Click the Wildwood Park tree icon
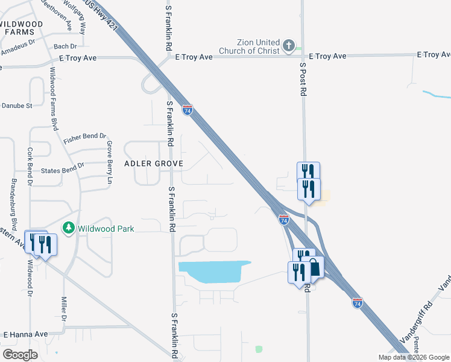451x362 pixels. pos(68,228)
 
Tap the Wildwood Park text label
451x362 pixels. pos(105,229)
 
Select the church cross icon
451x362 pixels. pos(289,46)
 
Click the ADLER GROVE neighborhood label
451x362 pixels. pos(153,164)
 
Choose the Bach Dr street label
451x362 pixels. pos(65,46)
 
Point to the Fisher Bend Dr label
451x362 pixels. pos(84,138)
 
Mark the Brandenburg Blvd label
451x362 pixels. pos(13,197)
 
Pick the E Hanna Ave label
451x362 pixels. pos(25,334)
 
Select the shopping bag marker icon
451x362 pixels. pos(315,267)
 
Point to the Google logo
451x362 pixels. pos(20,355)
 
